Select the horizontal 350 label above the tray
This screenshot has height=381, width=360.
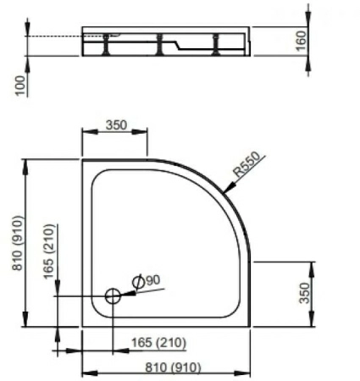[x=115, y=124]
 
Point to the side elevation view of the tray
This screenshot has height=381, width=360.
[x=168, y=42]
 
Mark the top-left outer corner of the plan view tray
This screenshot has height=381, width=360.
[x=82, y=157]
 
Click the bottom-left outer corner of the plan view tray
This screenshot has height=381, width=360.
[x=82, y=327]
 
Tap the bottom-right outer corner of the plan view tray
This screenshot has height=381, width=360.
[x=252, y=327]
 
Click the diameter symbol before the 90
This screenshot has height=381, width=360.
[x=137, y=280]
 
